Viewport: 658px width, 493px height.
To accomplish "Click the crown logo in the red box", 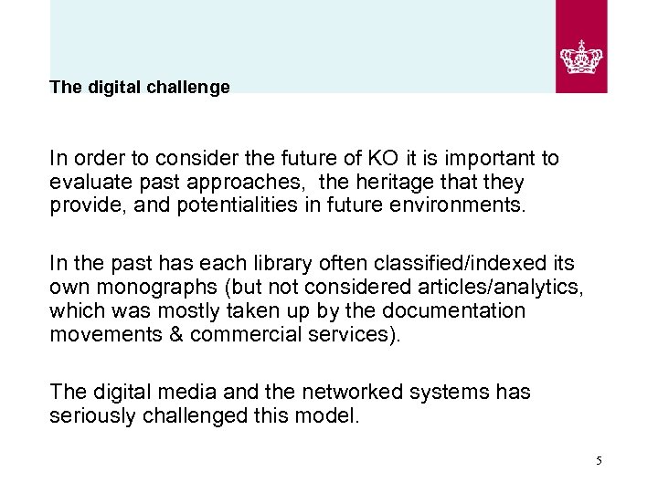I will coord(581,57).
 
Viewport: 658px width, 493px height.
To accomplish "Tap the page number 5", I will coord(599,461).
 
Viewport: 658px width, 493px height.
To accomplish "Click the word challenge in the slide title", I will coord(192,88).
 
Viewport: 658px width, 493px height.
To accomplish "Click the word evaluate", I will coord(87,182).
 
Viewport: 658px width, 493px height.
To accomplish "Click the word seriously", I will coord(90,415).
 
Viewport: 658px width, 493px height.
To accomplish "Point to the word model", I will coord(334,415).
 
